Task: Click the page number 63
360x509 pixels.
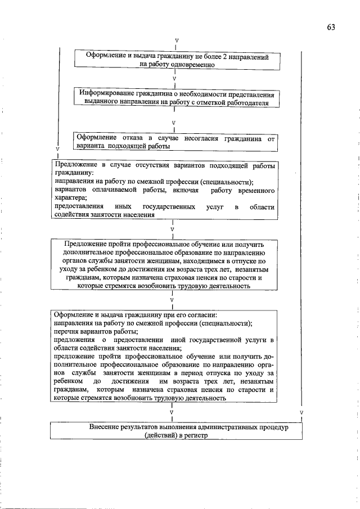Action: click(x=330, y=28)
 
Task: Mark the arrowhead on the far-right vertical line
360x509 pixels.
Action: click(x=302, y=413)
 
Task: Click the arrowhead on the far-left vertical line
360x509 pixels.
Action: click(x=57, y=149)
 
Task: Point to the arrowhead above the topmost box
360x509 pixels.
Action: click(x=177, y=41)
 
